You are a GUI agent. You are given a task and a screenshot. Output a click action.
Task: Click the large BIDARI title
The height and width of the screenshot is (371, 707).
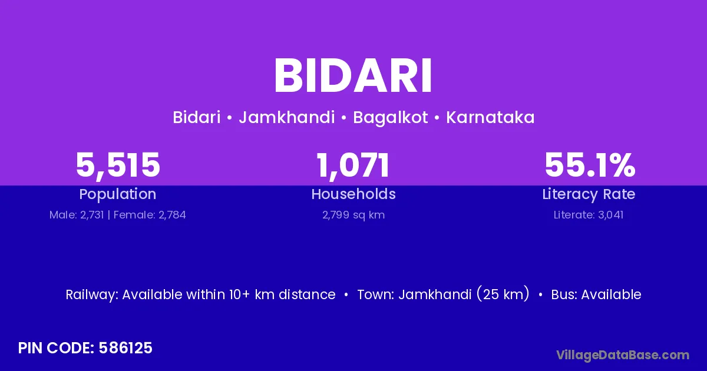[x=353, y=75]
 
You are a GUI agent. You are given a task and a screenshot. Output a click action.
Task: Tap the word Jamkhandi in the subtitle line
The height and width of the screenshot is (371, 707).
[x=286, y=117]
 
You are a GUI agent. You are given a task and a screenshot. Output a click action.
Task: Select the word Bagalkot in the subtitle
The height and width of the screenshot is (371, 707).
[x=390, y=118]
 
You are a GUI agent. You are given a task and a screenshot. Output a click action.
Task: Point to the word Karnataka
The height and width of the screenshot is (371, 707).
[x=490, y=117]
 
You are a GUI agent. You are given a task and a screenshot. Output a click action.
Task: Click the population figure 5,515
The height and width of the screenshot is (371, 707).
[x=118, y=165]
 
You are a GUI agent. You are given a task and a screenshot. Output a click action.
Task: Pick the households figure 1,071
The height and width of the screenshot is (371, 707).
[x=353, y=165]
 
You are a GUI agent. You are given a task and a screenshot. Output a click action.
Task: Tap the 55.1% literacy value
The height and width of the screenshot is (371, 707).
[x=590, y=165]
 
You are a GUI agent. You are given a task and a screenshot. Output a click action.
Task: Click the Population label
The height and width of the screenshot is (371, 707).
[x=118, y=194]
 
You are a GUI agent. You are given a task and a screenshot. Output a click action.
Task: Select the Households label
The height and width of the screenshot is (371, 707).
[x=353, y=194]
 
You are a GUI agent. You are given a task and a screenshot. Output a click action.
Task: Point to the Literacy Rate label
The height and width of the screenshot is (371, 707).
[x=589, y=194]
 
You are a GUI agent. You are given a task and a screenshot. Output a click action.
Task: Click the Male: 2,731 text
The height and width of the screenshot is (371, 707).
[x=77, y=215]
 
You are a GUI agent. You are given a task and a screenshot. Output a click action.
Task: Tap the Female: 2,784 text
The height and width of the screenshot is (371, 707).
[x=150, y=215]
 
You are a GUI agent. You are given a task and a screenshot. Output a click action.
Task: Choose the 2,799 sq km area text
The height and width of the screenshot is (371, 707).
[x=353, y=215]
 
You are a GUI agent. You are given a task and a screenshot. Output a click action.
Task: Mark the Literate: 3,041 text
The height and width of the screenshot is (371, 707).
[x=589, y=215]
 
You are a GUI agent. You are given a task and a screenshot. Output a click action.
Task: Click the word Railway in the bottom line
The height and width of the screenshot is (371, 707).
[x=91, y=294]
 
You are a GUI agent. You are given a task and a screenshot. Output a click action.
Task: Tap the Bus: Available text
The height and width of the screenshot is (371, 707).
[x=596, y=294]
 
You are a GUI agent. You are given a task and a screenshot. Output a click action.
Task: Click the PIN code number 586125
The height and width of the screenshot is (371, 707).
[x=125, y=348]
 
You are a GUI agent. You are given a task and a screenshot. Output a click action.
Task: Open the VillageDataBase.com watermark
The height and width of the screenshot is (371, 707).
[x=623, y=355]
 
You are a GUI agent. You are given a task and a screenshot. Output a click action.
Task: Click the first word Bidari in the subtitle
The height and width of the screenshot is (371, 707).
[x=197, y=117]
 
